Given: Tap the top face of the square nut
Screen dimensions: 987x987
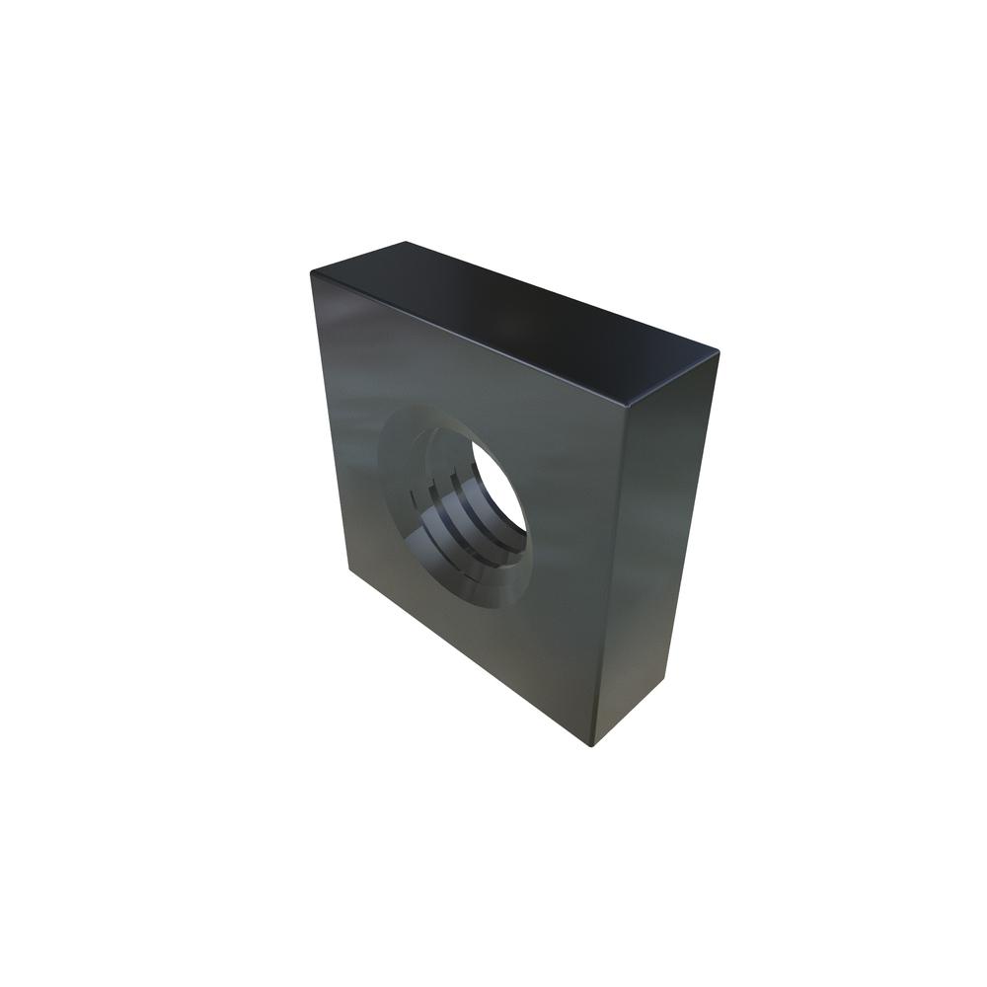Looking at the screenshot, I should pyautogui.click(x=513, y=316).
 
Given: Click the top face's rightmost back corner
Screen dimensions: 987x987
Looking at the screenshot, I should pyautogui.click(x=719, y=350).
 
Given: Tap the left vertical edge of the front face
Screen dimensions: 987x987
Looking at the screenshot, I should pyautogui.click(x=329, y=424).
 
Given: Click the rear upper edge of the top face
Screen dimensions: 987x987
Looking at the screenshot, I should pyautogui.click(x=563, y=294).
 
